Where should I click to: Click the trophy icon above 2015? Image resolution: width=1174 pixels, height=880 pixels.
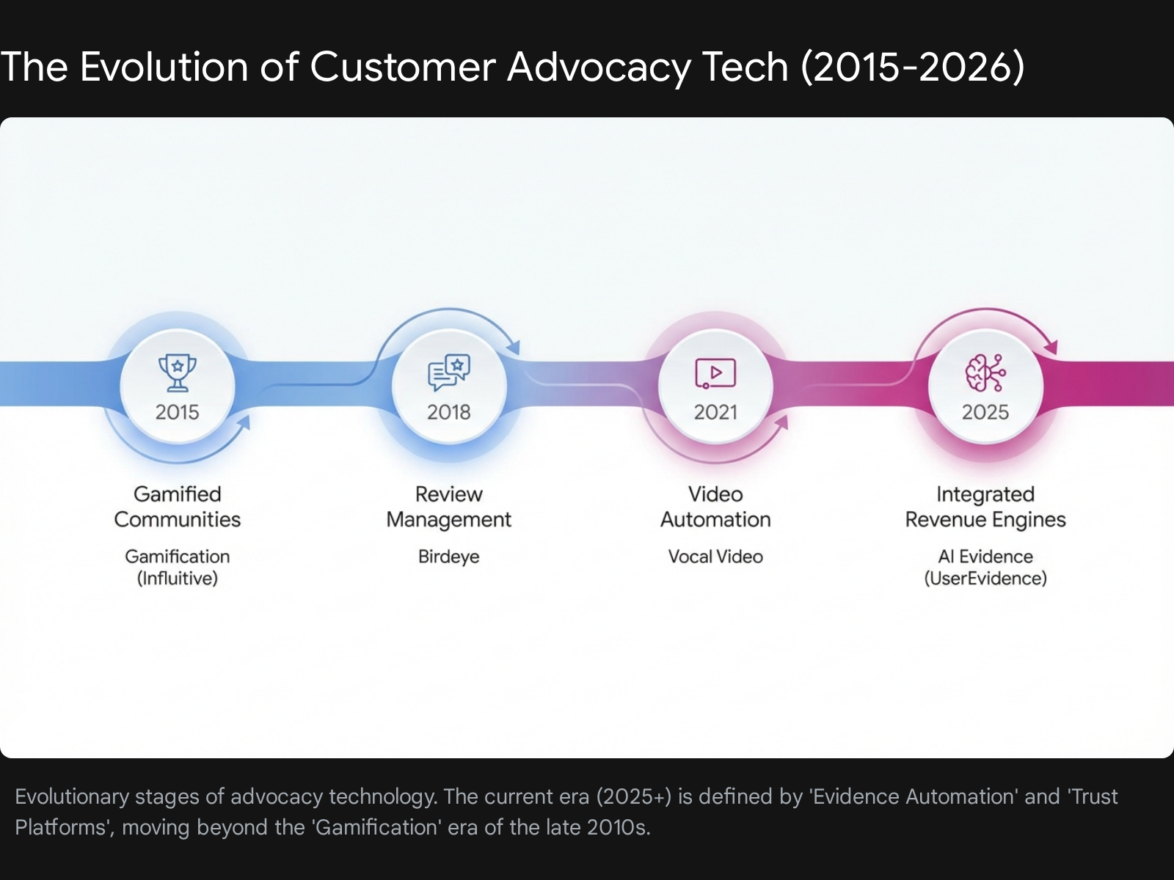click(178, 373)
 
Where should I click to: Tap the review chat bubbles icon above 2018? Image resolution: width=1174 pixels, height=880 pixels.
click(449, 373)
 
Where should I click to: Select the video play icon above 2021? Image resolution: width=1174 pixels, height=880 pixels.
click(715, 373)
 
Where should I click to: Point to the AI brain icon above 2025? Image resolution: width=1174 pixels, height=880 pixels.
click(985, 373)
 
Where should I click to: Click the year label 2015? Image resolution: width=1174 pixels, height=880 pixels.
click(178, 412)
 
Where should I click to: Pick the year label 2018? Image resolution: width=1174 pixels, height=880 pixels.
click(449, 412)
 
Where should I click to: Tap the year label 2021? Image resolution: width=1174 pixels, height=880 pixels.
click(715, 412)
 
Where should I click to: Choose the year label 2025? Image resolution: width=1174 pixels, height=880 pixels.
click(985, 412)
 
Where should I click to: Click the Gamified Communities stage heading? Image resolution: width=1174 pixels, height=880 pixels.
click(178, 507)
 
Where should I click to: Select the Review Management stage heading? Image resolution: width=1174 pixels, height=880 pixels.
click(449, 507)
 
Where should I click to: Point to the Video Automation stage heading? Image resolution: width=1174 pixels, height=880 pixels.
click(715, 507)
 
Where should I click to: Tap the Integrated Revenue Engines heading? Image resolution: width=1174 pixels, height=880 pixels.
click(985, 507)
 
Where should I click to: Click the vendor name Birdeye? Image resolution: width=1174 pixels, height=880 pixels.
click(449, 557)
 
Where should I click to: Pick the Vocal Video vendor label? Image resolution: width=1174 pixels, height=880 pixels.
click(715, 557)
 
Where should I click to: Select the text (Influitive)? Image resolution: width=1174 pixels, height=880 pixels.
click(178, 579)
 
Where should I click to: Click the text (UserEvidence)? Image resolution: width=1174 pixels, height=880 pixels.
click(985, 579)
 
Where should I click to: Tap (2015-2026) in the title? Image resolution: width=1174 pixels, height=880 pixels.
click(913, 67)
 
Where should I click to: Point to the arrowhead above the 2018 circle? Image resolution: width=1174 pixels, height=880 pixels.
click(514, 347)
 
